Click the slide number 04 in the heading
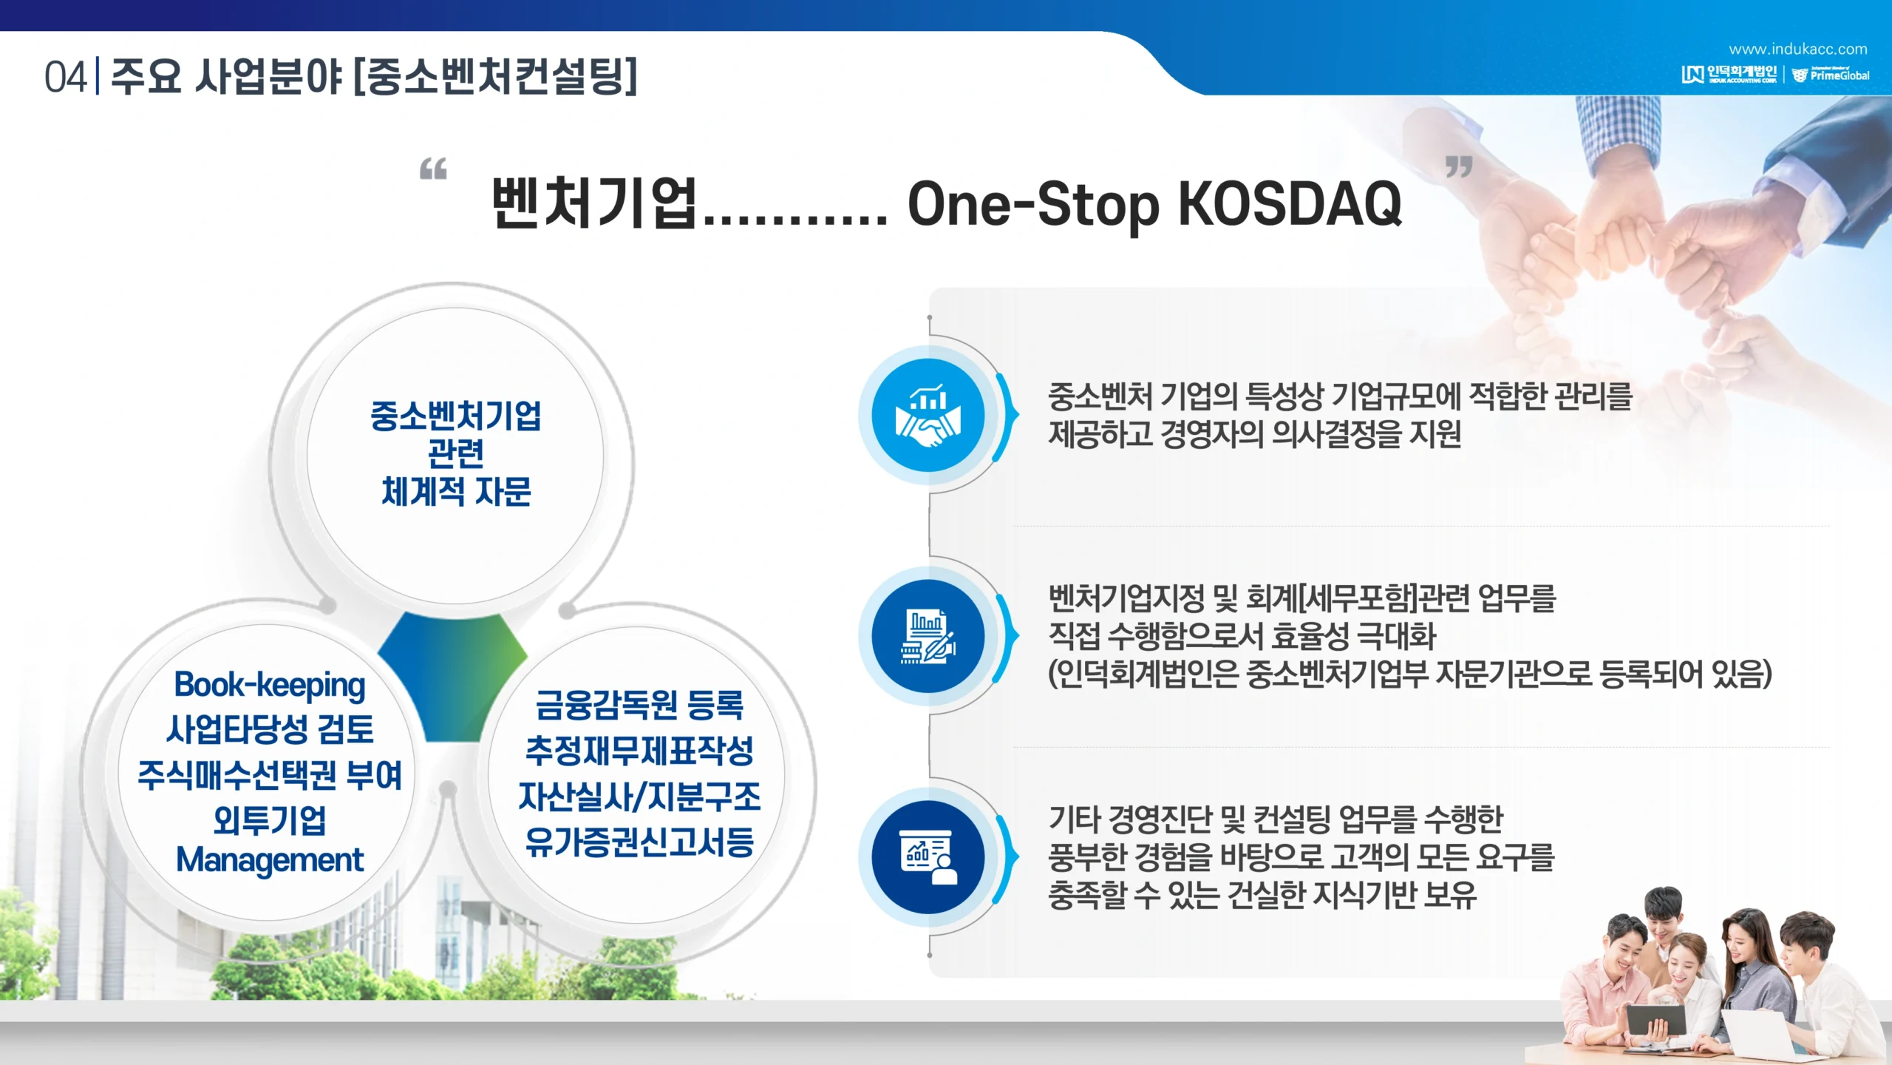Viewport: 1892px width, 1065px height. pos(65,77)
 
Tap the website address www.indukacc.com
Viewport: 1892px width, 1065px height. pos(1797,50)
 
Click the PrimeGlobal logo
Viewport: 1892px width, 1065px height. pos(1831,74)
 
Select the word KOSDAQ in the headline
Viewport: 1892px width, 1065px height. pos(1290,203)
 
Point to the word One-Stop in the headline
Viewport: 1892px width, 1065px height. pos(1032,205)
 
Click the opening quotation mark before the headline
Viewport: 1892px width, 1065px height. pos(433,169)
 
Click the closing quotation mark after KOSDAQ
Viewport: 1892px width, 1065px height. pos(1459,167)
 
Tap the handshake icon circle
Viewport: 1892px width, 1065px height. pos(928,415)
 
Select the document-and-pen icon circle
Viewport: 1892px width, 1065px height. pos(928,636)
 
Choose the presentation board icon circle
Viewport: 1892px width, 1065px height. pos(928,857)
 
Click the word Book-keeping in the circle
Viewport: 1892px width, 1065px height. pos(270,686)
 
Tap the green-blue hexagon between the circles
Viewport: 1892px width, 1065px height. pos(452,677)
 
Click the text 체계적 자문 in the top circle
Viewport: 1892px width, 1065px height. pos(456,491)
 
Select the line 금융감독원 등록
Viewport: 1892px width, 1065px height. pos(639,704)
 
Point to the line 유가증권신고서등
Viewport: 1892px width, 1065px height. pos(639,842)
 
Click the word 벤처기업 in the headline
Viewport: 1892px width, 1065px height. pos(594,202)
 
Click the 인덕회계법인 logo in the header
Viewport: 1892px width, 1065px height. pos(1729,74)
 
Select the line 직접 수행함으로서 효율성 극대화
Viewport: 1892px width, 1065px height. pos(1242,636)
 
